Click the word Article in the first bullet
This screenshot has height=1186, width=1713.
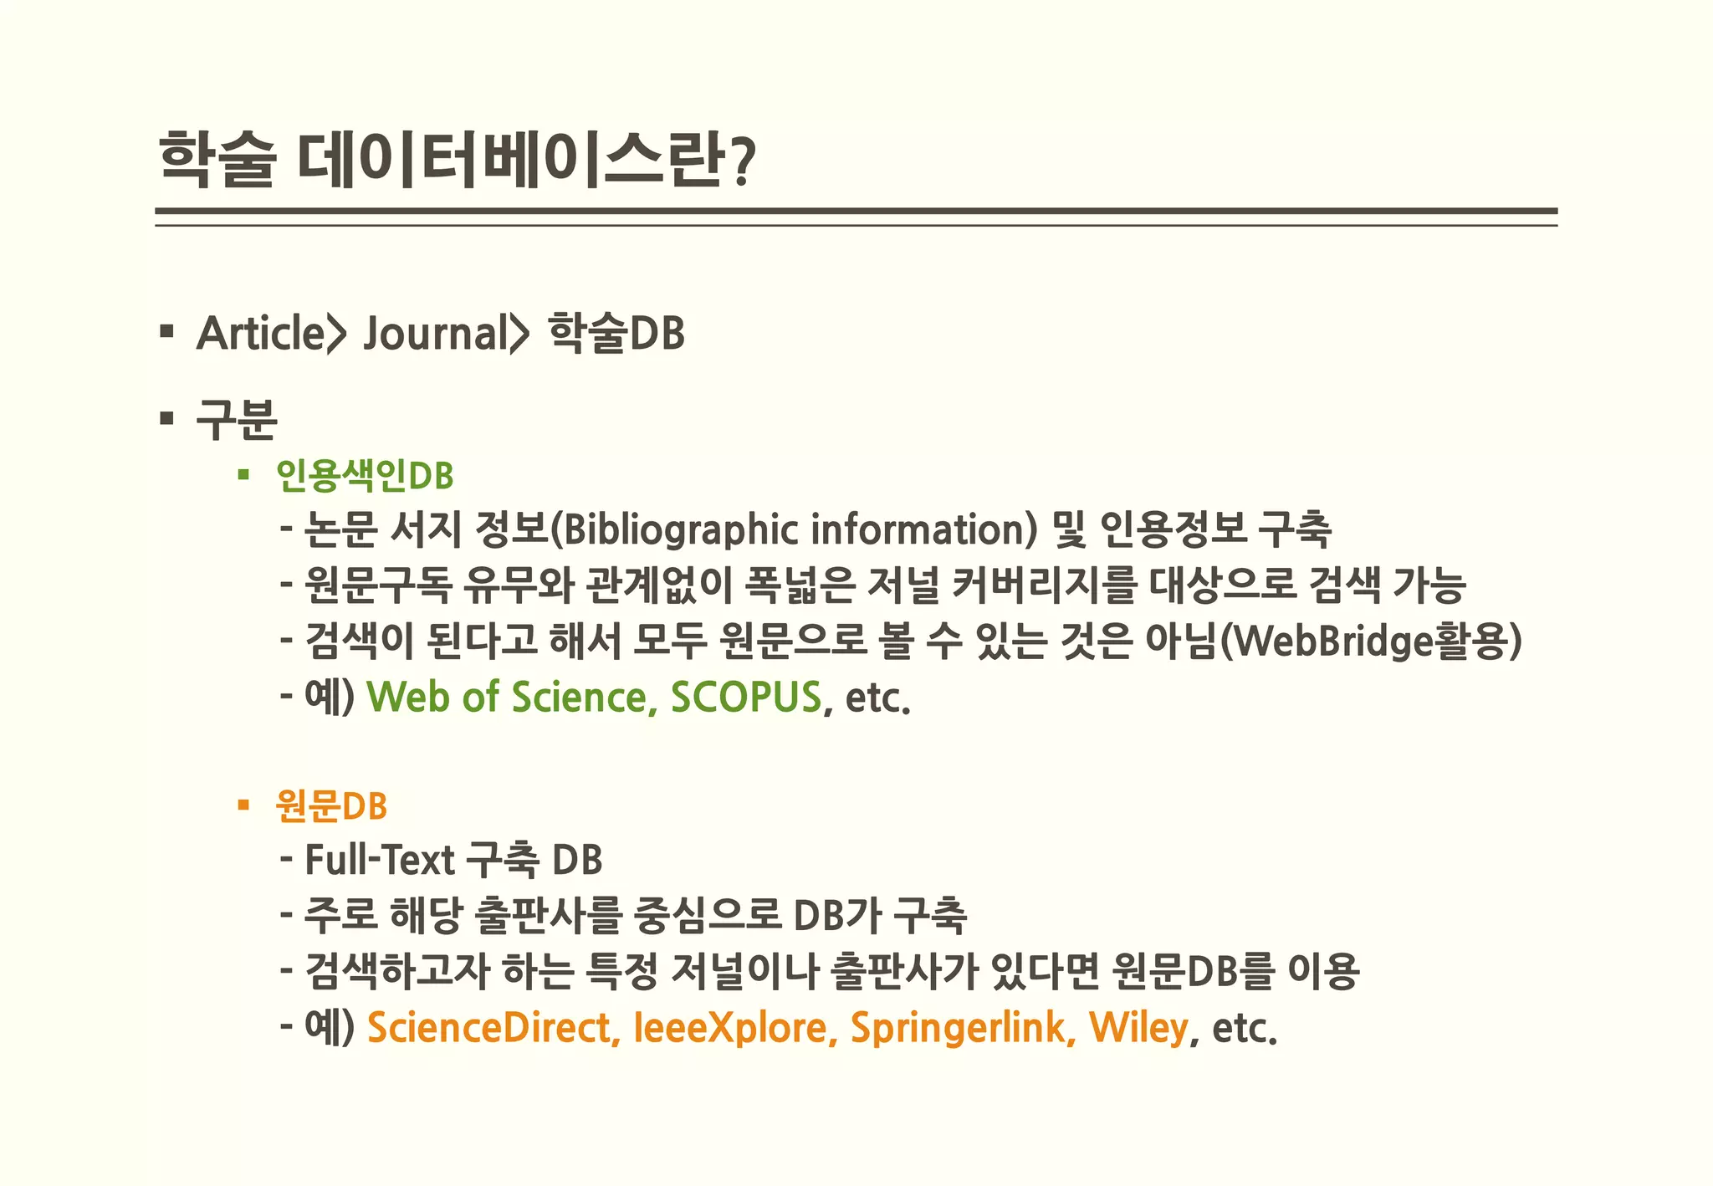(x=260, y=333)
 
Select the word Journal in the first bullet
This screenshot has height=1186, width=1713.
(x=432, y=333)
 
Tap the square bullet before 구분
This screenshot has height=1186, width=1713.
(x=166, y=417)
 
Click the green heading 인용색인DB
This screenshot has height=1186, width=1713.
(x=365, y=475)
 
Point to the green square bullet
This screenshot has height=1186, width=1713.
(x=243, y=475)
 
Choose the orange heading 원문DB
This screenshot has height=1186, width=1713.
(x=331, y=805)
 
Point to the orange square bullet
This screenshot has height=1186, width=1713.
(x=243, y=805)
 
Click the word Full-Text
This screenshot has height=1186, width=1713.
(x=379, y=860)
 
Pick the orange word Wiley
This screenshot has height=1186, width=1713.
(x=1138, y=1027)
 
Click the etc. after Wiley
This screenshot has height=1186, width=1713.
(x=1244, y=1029)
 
